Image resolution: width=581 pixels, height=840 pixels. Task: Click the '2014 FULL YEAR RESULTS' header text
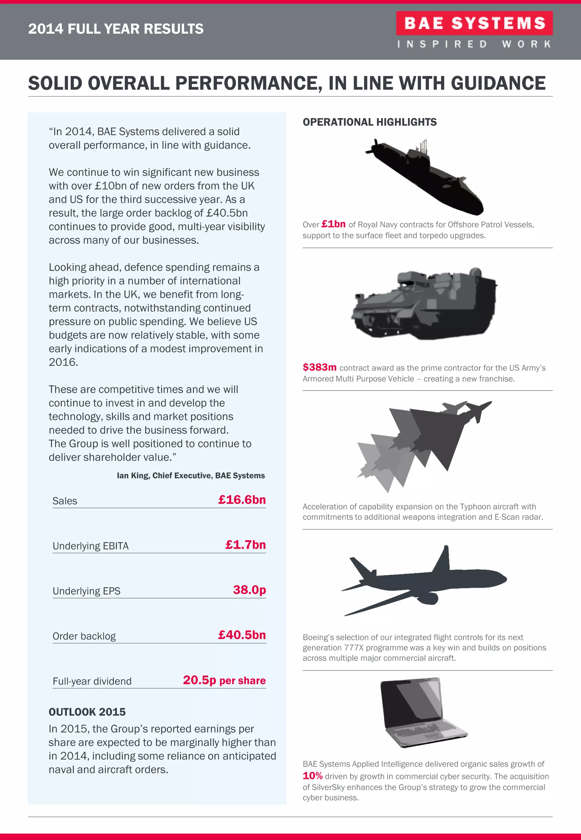coord(116,29)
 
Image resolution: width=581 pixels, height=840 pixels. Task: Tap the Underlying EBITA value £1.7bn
coord(245,545)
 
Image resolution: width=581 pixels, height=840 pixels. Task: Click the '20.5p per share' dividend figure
coord(224,680)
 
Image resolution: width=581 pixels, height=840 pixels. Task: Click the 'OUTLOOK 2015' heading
coord(87,712)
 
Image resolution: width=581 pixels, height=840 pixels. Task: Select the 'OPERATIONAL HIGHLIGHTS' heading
coord(370,122)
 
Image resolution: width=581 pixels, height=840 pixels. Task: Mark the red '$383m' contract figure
coord(319,367)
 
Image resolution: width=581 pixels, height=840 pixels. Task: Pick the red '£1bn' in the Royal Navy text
coord(333,224)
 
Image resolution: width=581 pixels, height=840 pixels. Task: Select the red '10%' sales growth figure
coord(312,776)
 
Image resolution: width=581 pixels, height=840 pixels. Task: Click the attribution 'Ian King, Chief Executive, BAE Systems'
coord(191,475)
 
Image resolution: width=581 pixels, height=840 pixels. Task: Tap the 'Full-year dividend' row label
coord(92,681)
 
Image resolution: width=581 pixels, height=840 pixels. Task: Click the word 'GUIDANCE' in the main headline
coord(498,83)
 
